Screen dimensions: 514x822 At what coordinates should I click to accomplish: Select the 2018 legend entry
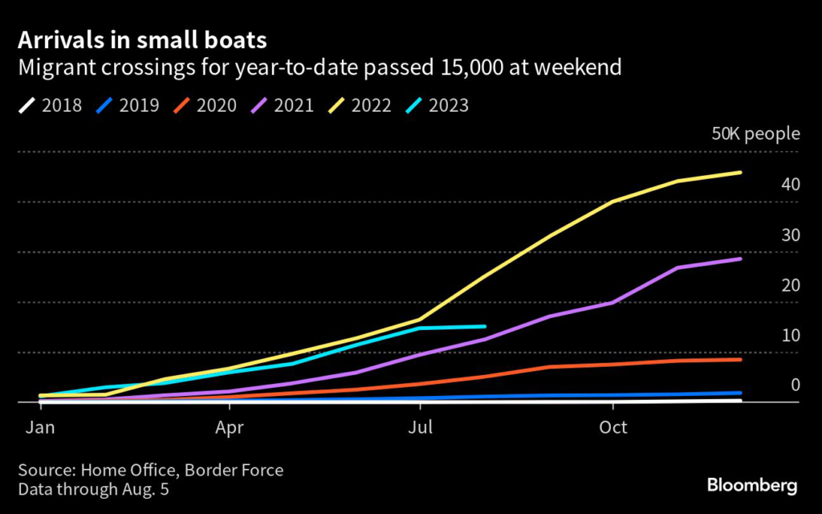pos(53,105)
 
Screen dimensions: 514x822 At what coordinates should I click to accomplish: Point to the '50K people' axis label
pos(755,133)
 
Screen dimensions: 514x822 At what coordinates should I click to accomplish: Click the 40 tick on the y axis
pos(790,184)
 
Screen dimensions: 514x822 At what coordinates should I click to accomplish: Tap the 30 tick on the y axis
pos(790,235)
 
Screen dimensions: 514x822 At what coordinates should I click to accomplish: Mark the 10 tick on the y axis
pos(790,335)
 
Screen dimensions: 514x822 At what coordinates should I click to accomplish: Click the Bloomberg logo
pos(752,485)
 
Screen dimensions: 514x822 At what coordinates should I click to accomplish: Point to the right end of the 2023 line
pos(485,326)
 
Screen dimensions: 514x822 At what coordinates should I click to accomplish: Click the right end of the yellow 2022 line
pos(740,172)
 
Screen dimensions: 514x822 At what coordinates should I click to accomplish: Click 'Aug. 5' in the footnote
pos(147,488)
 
